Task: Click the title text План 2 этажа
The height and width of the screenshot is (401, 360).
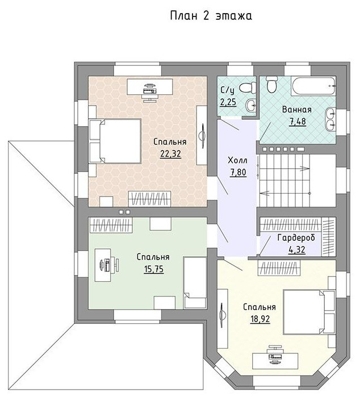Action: pyautogui.click(x=211, y=15)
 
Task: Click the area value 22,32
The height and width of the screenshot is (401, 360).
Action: pyautogui.click(x=170, y=153)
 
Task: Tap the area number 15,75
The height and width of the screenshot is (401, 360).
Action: pyautogui.click(x=154, y=269)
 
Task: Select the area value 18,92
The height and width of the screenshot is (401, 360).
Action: pyautogui.click(x=260, y=319)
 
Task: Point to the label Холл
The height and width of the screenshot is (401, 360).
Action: pyautogui.click(x=237, y=161)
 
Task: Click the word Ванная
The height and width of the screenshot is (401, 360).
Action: pyautogui.click(x=297, y=110)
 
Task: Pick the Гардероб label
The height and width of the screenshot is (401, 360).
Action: pyautogui.click(x=296, y=237)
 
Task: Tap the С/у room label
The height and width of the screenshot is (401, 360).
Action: pyautogui.click(x=227, y=90)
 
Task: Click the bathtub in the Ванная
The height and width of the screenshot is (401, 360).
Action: pyautogui.click(x=313, y=86)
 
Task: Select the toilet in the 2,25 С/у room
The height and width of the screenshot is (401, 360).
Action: pyautogui.click(x=248, y=87)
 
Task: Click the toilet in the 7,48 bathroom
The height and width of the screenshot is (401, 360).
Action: pyautogui.click(x=271, y=84)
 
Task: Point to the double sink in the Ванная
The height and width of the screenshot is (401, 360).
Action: pyautogui.click(x=330, y=119)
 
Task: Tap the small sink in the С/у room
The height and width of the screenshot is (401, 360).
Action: pyautogui.click(x=251, y=105)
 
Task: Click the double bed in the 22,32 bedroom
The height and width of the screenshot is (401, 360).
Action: pyautogui.click(x=115, y=141)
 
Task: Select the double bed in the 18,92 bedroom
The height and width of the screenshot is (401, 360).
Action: pyautogui.click(x=309, y=312)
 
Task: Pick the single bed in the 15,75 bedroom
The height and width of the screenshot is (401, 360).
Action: pyautogui.click(x=195, y=283)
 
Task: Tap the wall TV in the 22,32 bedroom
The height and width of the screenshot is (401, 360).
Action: pyautogui.click(x=203, y=136)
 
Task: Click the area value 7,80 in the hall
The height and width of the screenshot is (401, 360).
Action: pyautogui.click(x=238, y=172)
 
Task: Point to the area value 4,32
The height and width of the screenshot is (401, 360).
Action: pyautogui.click(x=296, y=249)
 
